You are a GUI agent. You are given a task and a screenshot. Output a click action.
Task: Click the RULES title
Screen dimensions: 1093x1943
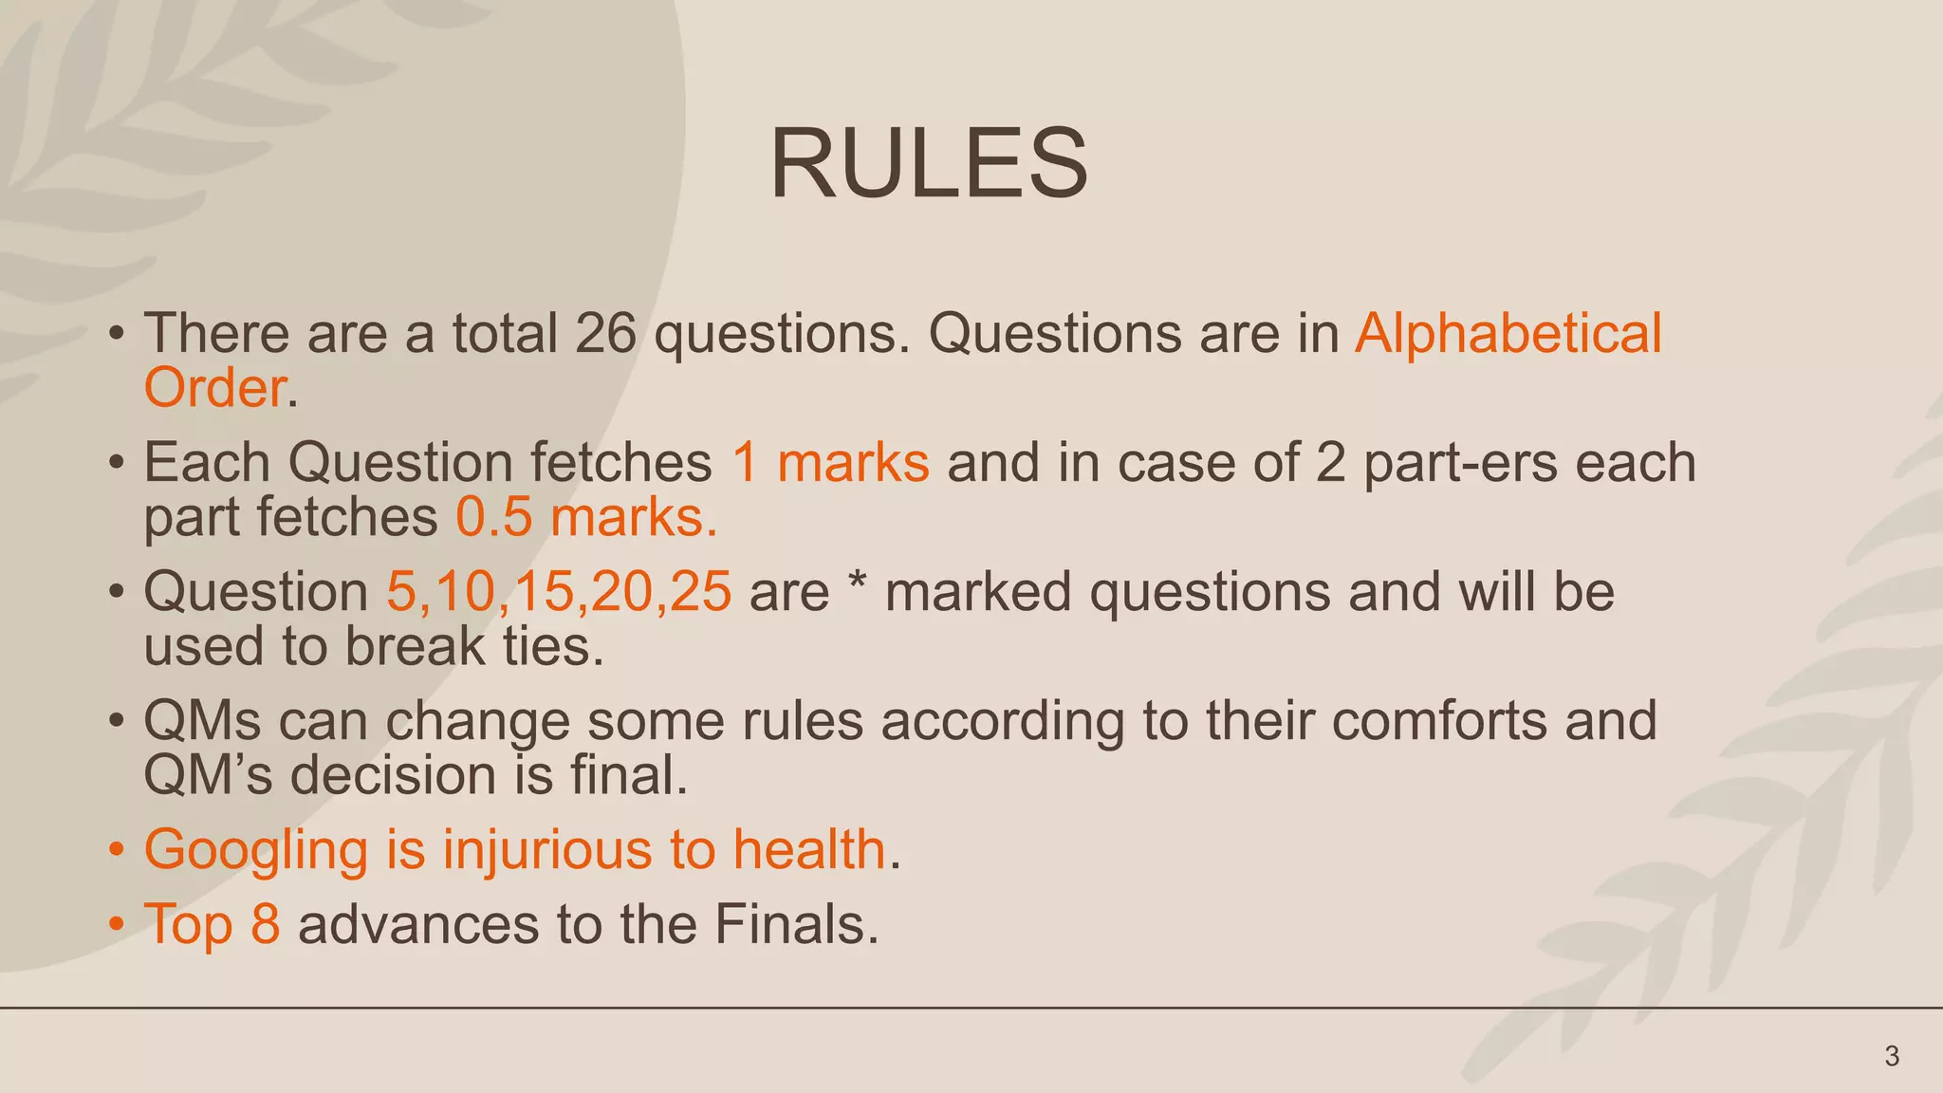coord(929,164)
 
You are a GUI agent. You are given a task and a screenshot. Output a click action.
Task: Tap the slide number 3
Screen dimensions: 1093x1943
coord(1891,1056)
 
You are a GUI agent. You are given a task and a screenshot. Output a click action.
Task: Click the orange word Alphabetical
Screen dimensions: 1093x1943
coord(1508,333)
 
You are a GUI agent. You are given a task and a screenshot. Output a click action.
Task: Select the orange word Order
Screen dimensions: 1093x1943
coord(215,388)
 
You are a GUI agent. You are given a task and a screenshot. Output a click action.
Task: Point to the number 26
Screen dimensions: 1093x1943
coord(605,333)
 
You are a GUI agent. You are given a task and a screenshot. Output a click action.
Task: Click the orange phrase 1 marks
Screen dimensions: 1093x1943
coord(830,463)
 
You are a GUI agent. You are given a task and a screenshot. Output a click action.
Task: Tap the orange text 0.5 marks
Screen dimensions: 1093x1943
coord(585,518)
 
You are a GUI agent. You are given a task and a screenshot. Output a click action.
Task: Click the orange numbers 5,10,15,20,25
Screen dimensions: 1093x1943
coord(559,592)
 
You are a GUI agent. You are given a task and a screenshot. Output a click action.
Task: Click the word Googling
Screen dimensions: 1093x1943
coord(255,850)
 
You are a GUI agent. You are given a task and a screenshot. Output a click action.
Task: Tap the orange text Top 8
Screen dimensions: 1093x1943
coord(212,924)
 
